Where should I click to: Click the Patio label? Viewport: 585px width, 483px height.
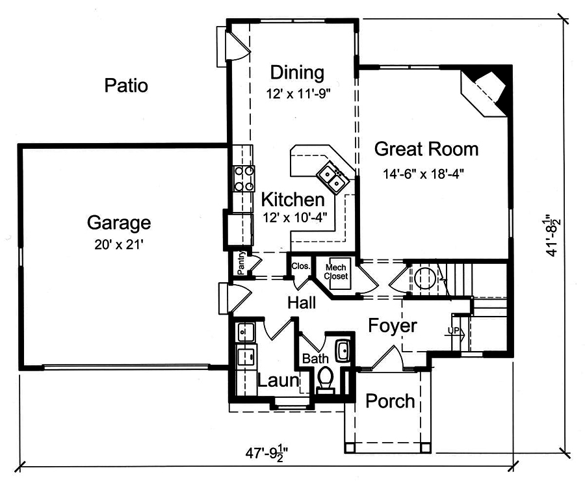coord(126,85)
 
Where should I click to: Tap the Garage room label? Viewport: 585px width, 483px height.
coord(119,224)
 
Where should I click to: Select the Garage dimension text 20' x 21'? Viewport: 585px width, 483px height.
coord(119,245)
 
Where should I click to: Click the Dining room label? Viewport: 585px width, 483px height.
coord(297,72)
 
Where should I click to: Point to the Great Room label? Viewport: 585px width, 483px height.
coord(426,149)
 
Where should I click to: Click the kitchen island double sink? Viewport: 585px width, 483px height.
coord(331,176)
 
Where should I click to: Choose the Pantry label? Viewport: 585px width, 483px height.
coord(240,263)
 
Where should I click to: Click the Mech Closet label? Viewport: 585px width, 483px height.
coord(337,272)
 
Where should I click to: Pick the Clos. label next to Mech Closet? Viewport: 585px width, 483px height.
coord(300,266)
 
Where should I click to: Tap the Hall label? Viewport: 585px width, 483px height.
coord(302,302)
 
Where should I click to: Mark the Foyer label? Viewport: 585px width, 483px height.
coord(393,325)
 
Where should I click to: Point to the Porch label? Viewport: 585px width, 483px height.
coord(390,401)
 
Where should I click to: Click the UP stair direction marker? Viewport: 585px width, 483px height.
coord(454,331)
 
